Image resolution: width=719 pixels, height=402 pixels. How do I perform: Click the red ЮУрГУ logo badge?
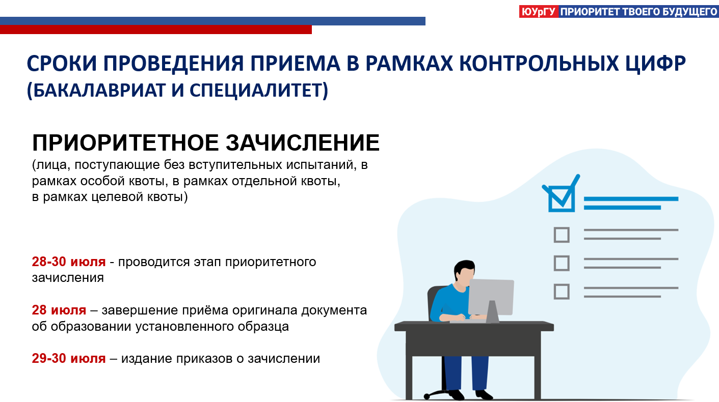[x=539, y=12]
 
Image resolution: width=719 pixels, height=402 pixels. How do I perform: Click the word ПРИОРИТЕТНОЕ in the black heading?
[x=125, y=142]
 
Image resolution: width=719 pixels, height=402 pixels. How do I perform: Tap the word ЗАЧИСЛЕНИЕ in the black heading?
[x=303, y=142]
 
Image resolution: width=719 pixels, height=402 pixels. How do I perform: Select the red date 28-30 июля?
[x=69, y=262]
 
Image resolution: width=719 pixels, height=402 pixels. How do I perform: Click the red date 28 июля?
[x=59, y=310]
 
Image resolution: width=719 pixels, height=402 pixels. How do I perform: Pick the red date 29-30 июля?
[x=69, y=358]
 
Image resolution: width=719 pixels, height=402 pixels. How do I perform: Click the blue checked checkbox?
[x=562, y=194]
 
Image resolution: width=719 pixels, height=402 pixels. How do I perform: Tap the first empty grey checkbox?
[x=562, y=235]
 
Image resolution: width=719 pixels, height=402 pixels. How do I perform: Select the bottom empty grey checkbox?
[x=562, y=292]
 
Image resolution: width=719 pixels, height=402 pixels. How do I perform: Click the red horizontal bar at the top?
[x=156, y=30]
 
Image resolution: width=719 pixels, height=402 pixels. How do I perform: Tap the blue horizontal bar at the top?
[x=212, y=21]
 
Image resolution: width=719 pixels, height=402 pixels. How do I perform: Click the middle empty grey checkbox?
[x=562, y=263]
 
